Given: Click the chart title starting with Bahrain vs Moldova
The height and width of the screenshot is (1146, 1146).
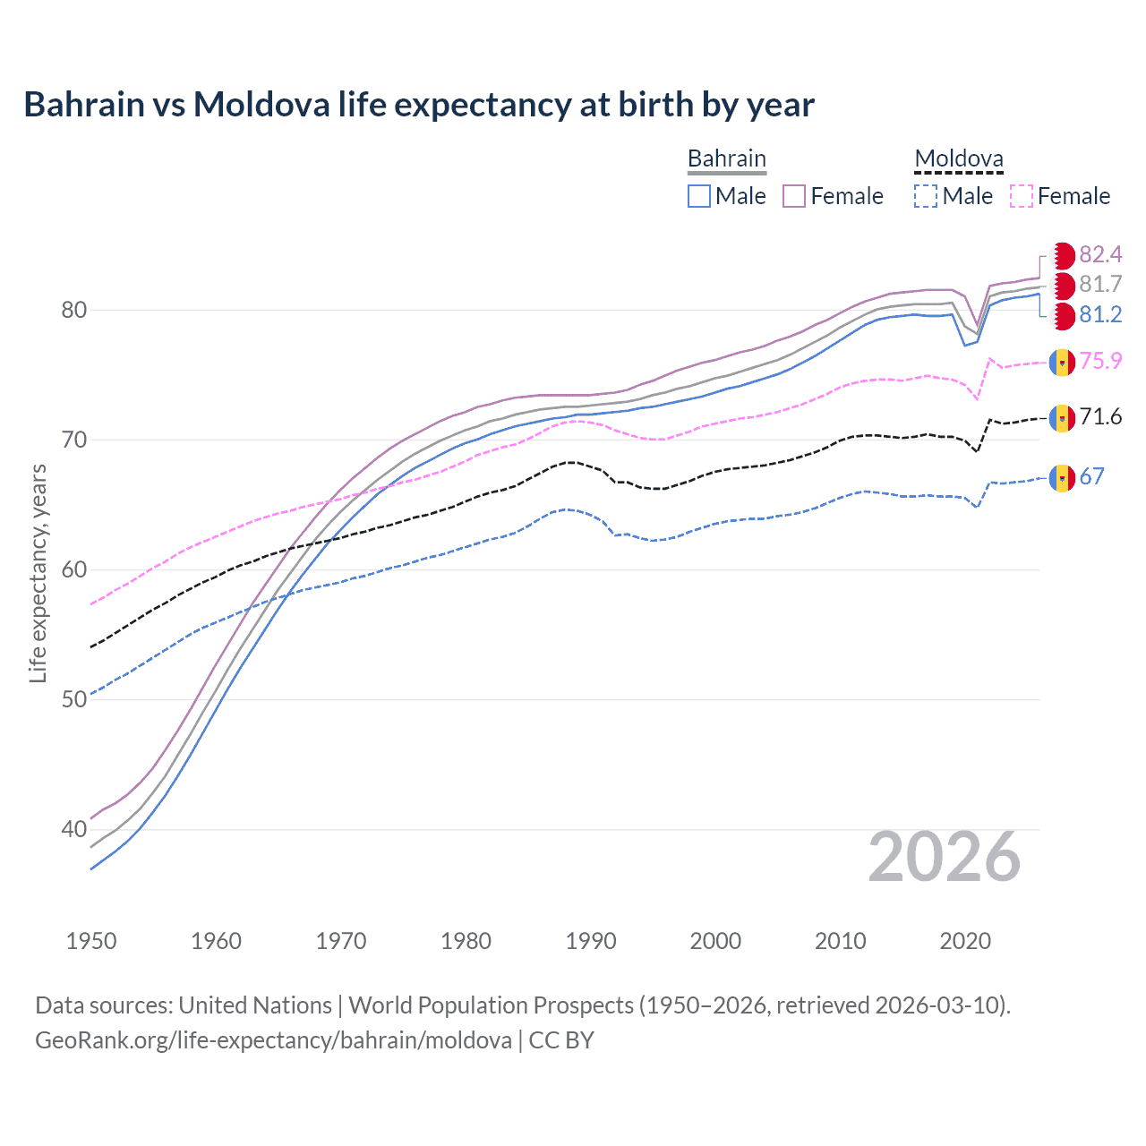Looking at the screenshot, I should pyautogui.click(x=419, y=105).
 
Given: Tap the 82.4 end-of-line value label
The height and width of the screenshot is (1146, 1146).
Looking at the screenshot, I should pyautogui.click(x=1100, y=255).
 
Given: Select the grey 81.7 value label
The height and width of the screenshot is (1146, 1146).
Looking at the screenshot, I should pyautogui.click(x=1100, y=285).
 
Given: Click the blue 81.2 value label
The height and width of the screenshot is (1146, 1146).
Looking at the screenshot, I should pyautogui.click(x=1100, y=314).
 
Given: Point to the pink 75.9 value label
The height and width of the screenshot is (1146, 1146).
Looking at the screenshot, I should pyautogui.click(x=1100, y=361).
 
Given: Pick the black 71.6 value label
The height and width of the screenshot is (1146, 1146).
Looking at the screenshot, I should pyautogui.click(x=1100, y=416).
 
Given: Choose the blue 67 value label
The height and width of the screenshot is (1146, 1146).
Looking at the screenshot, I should pyautogui.click(x=1091, y=476).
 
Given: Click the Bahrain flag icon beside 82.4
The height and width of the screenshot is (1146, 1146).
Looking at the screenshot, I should pyautogui.click(x=1062, y=255).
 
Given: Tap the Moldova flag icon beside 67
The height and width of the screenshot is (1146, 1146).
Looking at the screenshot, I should pyautogui.click(x=1062, y=478).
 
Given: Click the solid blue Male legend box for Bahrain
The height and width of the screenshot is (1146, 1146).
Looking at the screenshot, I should pyautogui.click(x=699, y=196).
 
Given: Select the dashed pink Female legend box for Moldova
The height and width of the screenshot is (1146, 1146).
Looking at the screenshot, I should pyautogui.click(x=1022, y=196).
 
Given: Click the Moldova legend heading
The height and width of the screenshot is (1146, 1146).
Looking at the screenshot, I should pyautogui.click(x=959, y=159).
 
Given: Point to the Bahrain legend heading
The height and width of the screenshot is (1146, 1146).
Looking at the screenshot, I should pyautogui.click(x=727, y=158).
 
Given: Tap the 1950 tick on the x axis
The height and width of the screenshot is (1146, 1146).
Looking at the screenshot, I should pyautogui.click(x=91, y=941).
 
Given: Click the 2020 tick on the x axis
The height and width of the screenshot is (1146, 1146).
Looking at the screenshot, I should pyautogui.click(x=965, y=941).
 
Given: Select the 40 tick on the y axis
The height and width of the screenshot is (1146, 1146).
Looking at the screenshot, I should pyautogui.click(x=74, y=830).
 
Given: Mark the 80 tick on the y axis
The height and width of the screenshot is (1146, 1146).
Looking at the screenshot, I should pyautogui.click(x=74, y=310).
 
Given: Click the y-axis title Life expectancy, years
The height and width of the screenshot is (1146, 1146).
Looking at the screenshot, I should pyautogui.click(x=38, y=573).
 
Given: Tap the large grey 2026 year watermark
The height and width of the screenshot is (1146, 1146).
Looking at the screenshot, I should pyautogui.click(x=945, y=858).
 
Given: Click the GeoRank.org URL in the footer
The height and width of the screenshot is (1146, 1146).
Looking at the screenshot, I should pyautogui.click(x=273, y=1040).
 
